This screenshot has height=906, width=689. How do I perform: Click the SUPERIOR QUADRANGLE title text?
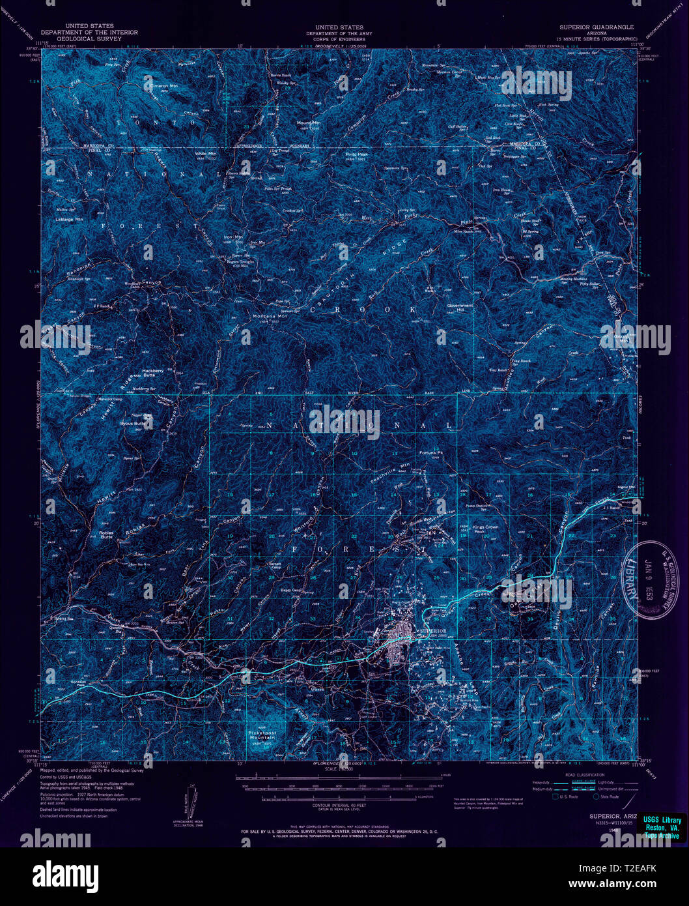click(596, 27)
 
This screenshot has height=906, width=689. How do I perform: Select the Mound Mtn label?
click(309, 123)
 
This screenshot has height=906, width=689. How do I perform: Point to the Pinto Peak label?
click(357, 154)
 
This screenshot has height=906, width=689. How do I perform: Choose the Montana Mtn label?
click(270, 317)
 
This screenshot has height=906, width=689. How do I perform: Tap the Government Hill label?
click(460, 307)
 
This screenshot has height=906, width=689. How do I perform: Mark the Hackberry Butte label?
click(152, 373)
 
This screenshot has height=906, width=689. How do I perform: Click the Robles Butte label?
click(106, 534)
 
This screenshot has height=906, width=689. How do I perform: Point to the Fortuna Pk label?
click(431, 452)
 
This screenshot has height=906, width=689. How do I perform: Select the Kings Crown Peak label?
click(485, 529)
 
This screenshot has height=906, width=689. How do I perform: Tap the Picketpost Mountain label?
click(262, 735)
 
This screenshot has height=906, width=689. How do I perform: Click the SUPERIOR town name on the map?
click(434, 631)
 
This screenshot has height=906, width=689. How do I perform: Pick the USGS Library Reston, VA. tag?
click(662, 827)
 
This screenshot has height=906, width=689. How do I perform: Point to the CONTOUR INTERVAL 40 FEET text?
click(338, 806)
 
